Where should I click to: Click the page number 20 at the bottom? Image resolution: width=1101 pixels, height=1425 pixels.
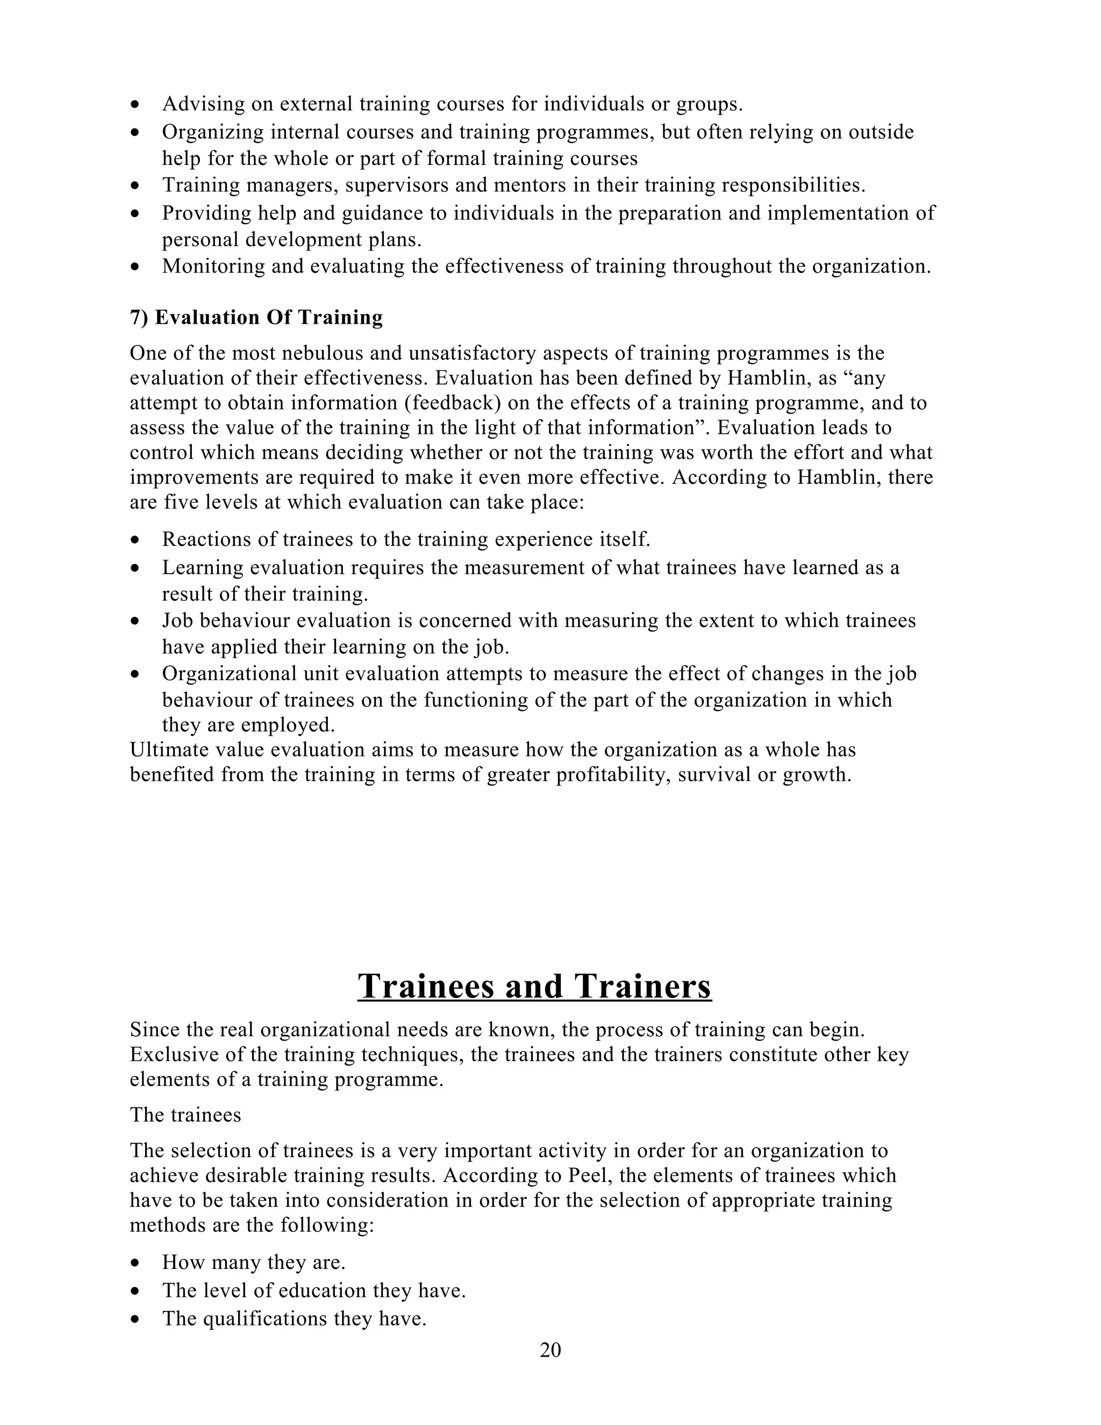tap(550, 1350)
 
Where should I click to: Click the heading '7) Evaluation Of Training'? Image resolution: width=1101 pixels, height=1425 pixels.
tap(256, 317)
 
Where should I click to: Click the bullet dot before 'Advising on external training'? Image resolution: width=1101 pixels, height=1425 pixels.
tap(135, 104)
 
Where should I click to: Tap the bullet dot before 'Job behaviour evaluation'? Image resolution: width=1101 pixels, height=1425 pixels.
tap(135, 621)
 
